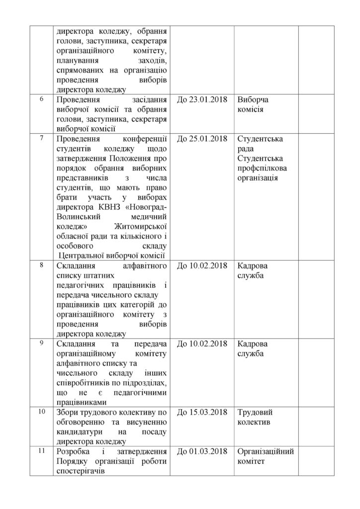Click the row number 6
click(x=42, y=98)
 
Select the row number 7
click(x=42, y=137)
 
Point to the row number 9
click(x=42, y=342)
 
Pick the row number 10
click(x=42, y=411)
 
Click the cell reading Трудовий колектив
click(x=256, y=418)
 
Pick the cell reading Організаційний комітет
click(x=266, y=456)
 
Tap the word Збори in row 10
click(x=69, y=413)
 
